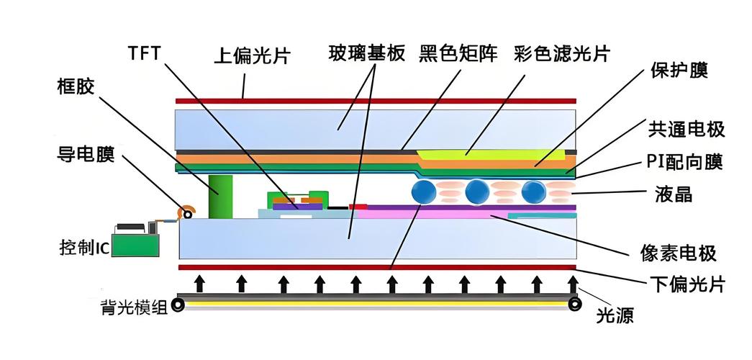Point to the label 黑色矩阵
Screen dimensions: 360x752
pos(458,53)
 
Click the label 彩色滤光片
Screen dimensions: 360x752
pos(563,53)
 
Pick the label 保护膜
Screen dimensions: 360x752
pos(679,70)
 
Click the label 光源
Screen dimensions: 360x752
pos(615,315)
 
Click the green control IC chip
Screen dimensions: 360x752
pos(135,241)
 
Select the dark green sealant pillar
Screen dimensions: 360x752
pos(219,195)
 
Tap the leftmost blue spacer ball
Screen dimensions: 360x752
pos(424,192)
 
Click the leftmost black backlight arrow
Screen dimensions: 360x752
pos(199,283)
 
